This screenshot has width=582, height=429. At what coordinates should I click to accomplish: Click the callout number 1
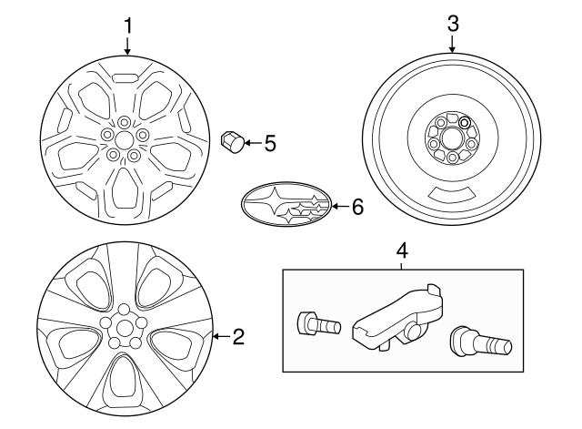(x=127, y=25)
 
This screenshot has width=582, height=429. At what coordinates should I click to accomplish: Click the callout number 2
(x=238, y=338)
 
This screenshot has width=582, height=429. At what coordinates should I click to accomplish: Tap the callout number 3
(x=453, y=25)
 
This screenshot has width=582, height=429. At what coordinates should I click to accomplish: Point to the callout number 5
(x=269, y=142)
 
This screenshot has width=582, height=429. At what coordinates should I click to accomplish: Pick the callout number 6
(x=356, y=208)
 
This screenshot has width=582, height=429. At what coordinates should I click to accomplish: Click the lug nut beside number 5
(x=231, y=142)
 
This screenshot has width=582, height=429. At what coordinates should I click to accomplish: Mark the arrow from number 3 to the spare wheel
(x=453, y=46)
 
